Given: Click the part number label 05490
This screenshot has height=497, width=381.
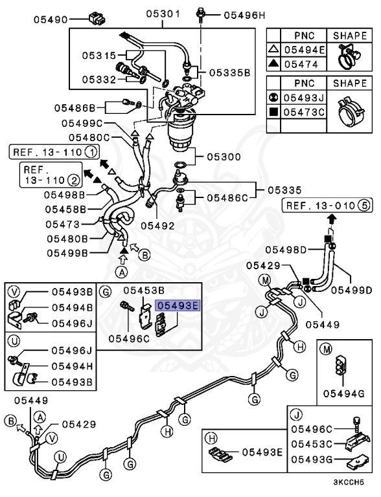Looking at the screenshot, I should [x=51, y=19].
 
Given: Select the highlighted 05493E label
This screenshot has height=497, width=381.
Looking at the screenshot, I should [x=179, y=302].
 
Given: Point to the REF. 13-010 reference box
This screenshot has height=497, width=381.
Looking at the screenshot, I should [x=320, y=206].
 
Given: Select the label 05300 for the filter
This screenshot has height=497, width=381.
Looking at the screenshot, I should [x=224, y=157].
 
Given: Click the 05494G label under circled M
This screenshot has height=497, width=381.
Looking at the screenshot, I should [x=339, y=393].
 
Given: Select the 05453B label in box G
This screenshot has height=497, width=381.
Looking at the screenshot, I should [x=144, y=291].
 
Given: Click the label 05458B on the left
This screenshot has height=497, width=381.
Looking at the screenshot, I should [x=65, y=209].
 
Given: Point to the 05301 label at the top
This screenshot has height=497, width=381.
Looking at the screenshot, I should [x=163, y=14].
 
